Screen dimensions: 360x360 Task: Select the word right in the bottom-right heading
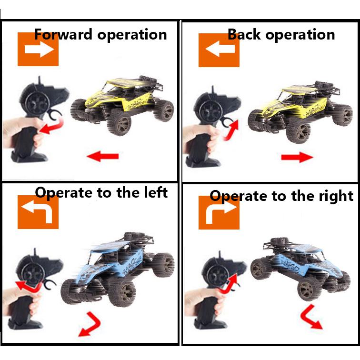[336, 196]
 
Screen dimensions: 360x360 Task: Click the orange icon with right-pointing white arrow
[38, 50]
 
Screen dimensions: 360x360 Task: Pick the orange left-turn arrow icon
[38, 212]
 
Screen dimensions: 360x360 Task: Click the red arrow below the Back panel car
[297, 157]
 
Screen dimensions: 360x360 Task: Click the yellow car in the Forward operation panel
[123, 104]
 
